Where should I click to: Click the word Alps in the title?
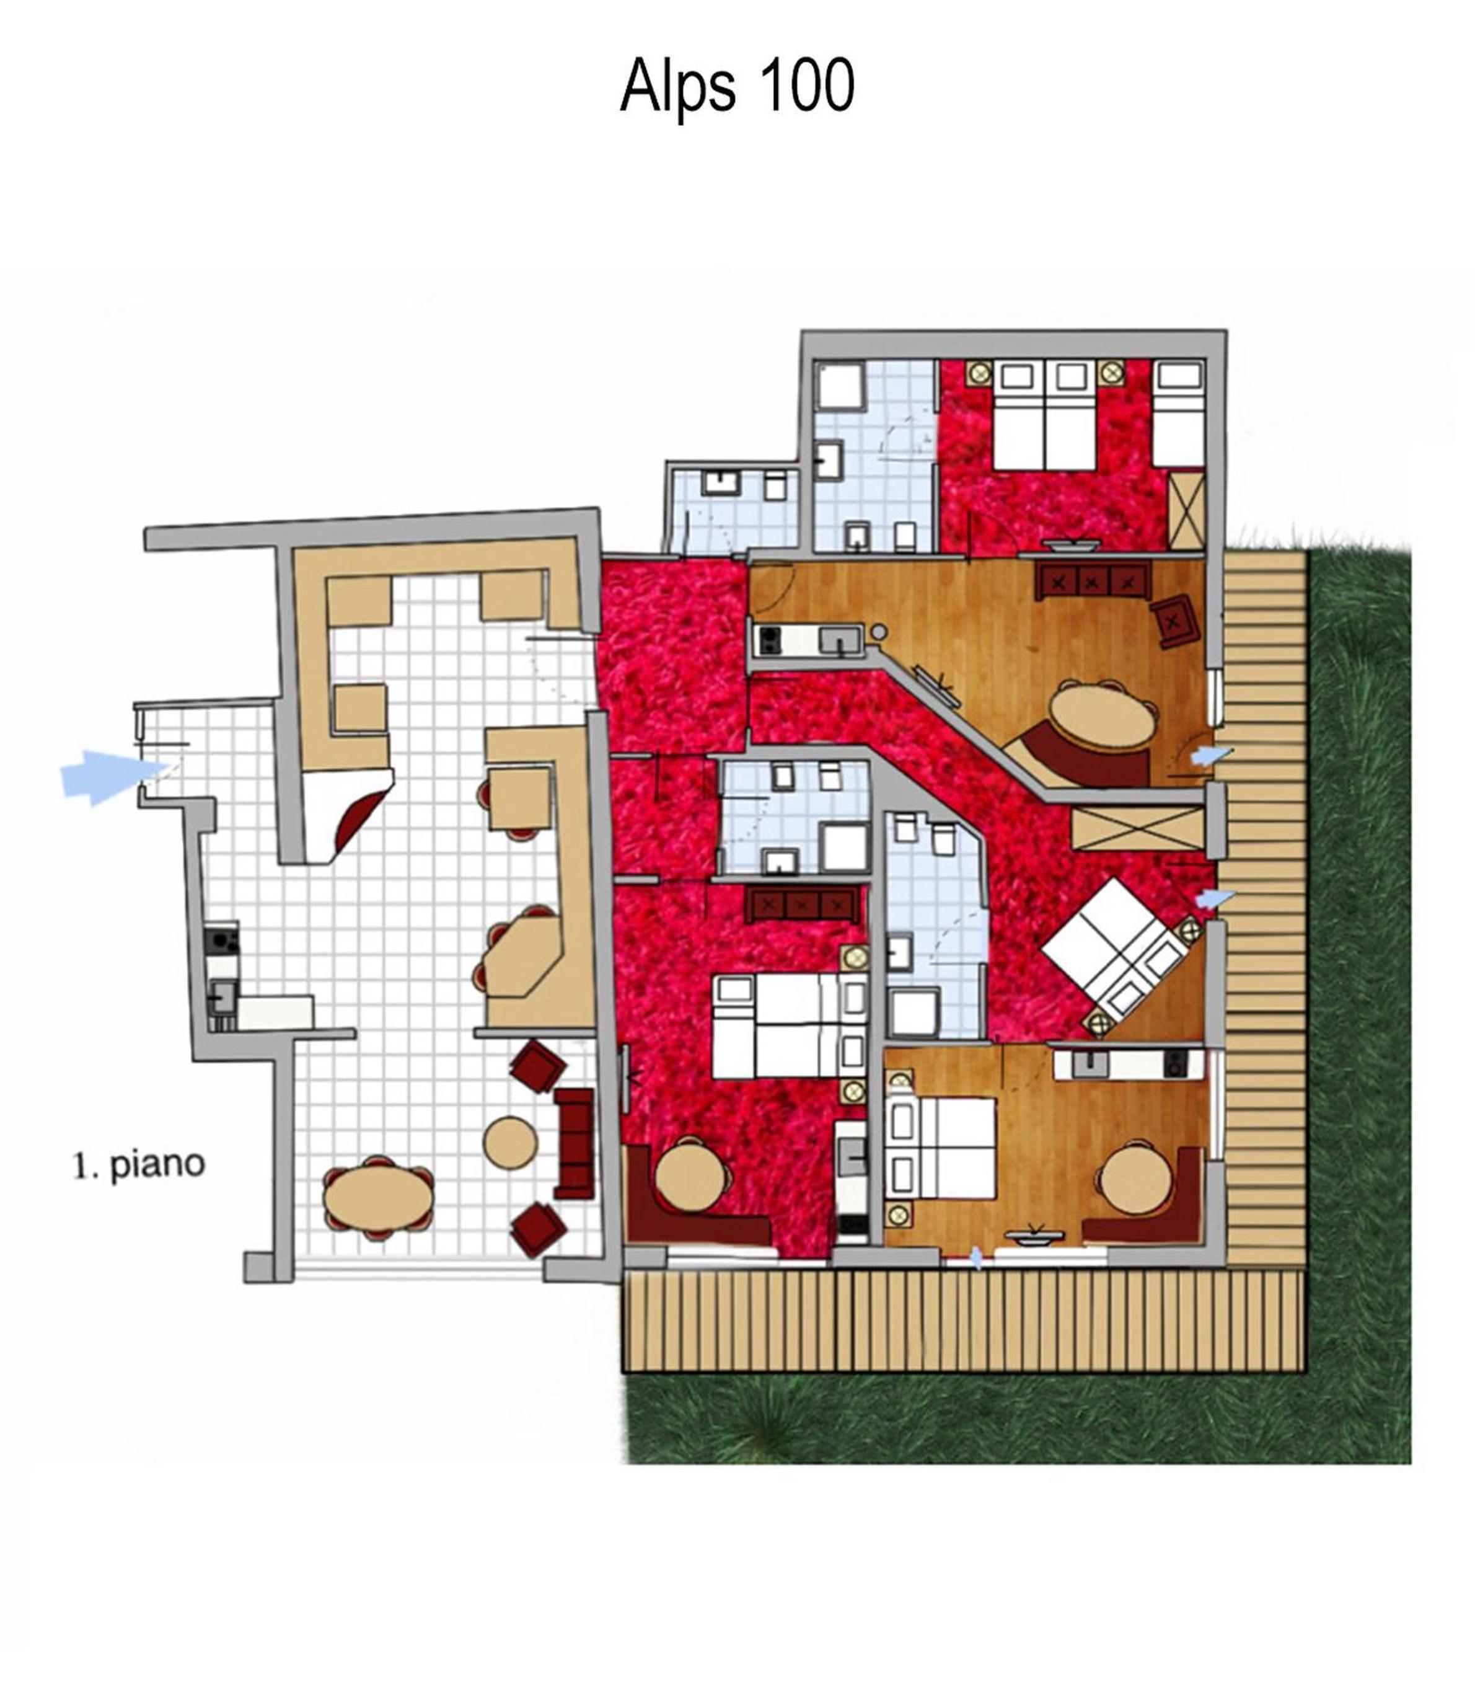coord(677,86)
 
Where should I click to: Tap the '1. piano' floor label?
coord(139,1166)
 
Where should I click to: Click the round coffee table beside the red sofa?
coord(509,1141)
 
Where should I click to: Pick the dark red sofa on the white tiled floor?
coord(575,1143)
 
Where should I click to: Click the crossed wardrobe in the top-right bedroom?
coord(1186,508)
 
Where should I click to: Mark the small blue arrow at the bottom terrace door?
coord(977,1258)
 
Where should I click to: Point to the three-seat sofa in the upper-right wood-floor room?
coord(1091,581)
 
